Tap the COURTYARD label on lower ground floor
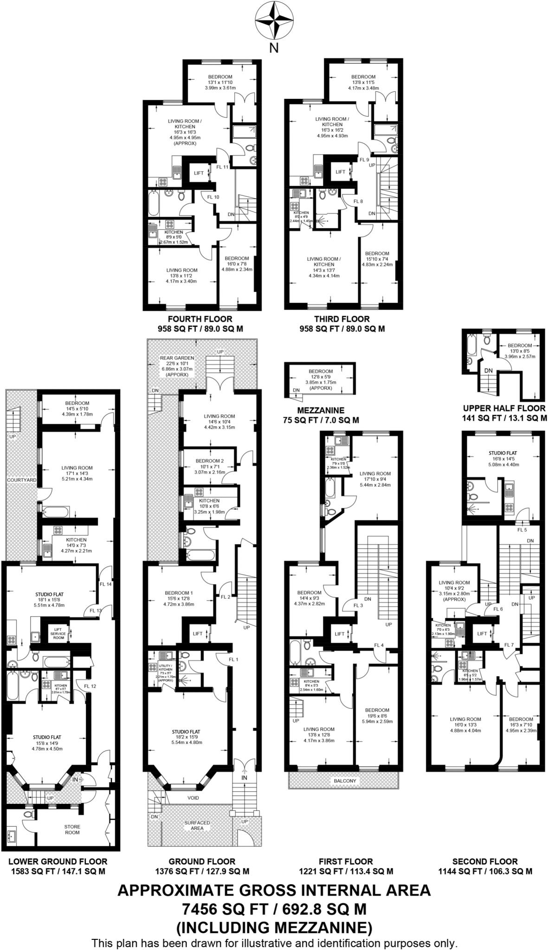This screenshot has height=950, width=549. (21, 480)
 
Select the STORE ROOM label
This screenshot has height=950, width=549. (72, 829)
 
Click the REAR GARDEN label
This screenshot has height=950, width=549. (177, 358)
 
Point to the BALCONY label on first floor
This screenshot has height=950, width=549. (345, 781)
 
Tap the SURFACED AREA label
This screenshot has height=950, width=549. (197, 825)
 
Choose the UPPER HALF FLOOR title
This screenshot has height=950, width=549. (504, 408)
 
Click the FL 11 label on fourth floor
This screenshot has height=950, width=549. (222, 167)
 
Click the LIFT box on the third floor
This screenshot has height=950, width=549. (340, 172)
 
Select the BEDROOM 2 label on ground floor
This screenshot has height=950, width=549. (209, 461)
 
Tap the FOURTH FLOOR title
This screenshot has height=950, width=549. (200, 319)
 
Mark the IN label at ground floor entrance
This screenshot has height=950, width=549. (245, 777)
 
